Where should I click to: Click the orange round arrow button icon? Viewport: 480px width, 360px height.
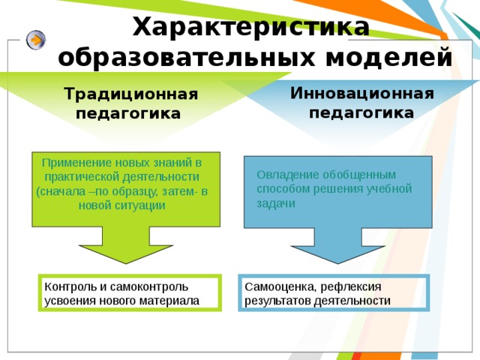click(x=35, y=40)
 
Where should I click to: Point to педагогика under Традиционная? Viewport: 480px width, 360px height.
click(x=128, y=114)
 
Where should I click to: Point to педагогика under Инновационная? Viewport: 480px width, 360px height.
click(x=362, y=112)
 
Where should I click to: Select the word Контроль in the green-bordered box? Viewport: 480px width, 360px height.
click(x=68, y=286)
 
